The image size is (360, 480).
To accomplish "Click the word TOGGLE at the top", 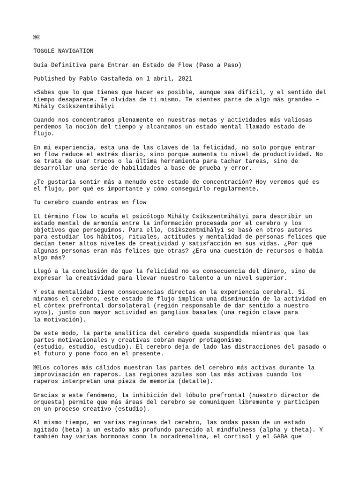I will (x=45, y=51).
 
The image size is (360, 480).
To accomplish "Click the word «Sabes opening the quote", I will (x=45, y=92).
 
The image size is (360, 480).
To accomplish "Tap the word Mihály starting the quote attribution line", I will (x=45, y=106).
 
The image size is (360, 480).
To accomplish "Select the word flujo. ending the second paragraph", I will (x=43, y=134).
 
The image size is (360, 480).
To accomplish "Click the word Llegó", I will (x=43, y=271).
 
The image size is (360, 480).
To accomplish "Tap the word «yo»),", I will (x=45, y=313).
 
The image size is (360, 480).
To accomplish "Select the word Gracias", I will (x=47, y=396).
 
